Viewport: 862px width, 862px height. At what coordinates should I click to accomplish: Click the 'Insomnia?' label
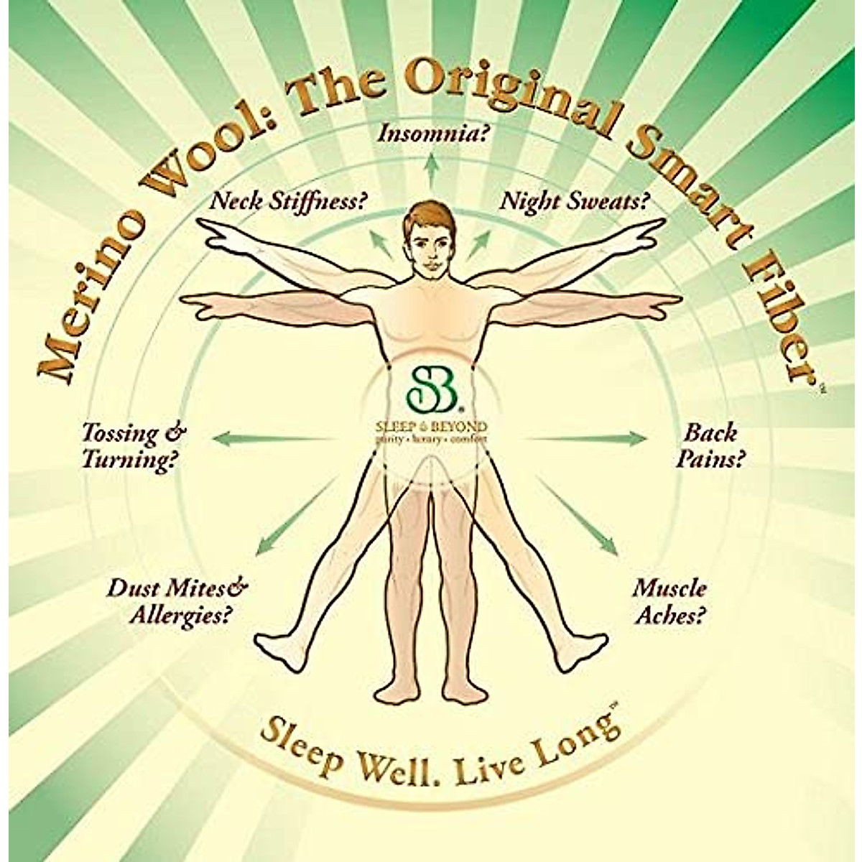(430, 134)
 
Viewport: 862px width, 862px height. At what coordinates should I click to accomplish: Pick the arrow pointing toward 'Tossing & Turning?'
(277, 436)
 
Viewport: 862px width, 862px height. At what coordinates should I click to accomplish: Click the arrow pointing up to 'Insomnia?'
(431, 167)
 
